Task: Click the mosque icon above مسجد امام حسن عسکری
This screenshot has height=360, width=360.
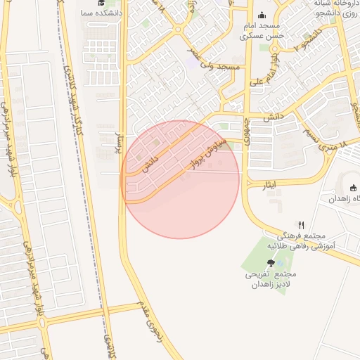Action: coord(262,15)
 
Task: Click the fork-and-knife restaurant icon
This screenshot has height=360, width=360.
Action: coord(301,224)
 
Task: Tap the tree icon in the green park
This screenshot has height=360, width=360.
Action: coord(271,263)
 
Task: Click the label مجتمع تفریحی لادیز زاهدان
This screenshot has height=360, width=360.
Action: coord(271,280)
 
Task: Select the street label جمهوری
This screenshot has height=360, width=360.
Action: coord(247,130)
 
